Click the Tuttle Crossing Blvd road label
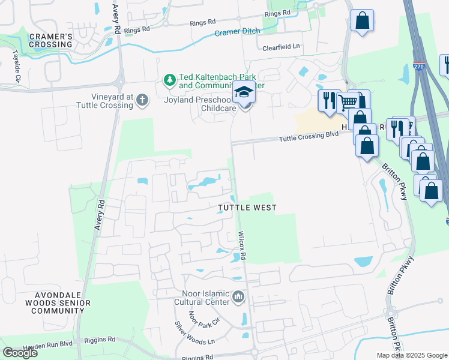coord(309,138)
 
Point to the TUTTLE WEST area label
coord(247,208)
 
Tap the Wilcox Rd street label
coord(243,246)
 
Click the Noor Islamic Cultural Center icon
coord(239,296)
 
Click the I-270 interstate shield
coord(419,67)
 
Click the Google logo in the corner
coord(20,353)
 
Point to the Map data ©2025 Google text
coord(411,355)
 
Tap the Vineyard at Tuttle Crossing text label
coord(104,101)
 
